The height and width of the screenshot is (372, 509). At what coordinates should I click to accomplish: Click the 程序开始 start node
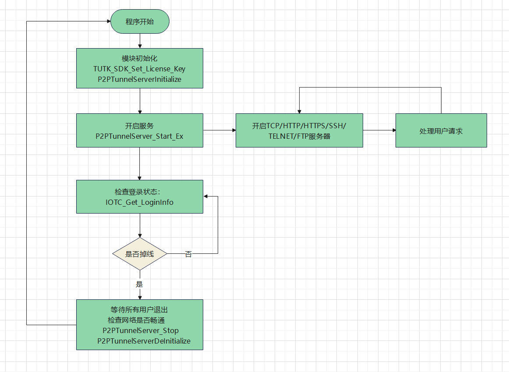coord(140,22)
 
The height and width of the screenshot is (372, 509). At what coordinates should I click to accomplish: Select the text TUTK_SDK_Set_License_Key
coord(139,69)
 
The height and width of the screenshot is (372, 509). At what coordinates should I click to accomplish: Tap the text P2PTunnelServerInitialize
coord(139,79)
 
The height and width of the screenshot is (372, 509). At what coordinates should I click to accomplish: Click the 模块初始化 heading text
coord(139,59)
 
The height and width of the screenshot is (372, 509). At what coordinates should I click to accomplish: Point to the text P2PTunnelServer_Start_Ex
coord(139,136)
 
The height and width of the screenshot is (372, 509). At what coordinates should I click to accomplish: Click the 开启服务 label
coord(139,126)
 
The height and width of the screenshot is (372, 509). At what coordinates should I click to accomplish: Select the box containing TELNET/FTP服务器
coord(299,130)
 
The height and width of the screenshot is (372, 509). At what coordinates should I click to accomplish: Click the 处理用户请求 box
coord(441,130)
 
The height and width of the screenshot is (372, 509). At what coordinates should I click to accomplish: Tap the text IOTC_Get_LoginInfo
coord(139,202)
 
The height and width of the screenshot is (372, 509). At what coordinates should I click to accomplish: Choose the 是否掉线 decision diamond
coord(140,254)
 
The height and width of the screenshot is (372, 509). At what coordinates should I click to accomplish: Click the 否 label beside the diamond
coord(188,254)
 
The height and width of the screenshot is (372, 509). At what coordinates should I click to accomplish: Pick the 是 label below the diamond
coord(139,284)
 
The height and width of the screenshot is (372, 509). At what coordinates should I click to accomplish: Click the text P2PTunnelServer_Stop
coord(140,330)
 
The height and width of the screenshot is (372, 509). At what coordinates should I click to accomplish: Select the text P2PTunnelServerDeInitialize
coord(144,341)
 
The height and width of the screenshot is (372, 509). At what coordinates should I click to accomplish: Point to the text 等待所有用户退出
coord(139,309)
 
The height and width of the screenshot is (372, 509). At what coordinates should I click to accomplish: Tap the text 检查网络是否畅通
coord(139,320)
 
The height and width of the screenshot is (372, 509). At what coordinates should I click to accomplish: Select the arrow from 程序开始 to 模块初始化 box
coord(140,41)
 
